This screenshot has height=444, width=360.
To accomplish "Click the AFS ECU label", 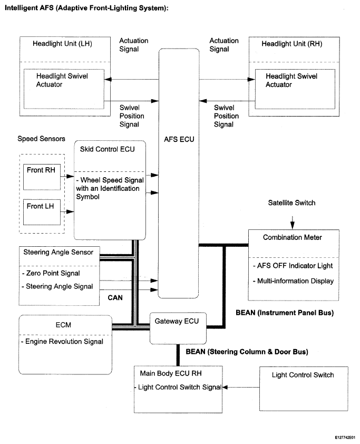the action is pyautogui.click(x=179, y=139).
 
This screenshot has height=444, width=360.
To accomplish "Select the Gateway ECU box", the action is pyautogui.click(x=178, y=328).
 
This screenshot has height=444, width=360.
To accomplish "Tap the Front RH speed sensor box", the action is pyautogui.click(x=42, y=177).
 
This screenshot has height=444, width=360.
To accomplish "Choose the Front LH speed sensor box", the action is pyautogui.click(x=42, y=213).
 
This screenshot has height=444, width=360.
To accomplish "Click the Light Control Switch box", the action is pyautogui.click(x=304, y=389).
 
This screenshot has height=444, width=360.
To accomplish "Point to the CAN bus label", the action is pyautogui.click(x=115, y=297).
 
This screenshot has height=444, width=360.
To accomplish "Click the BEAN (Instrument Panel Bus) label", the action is pyautogui.click(x=285, y=313).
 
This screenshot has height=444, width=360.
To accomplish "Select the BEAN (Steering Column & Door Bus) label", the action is pyautogui.click(x=247, y=352).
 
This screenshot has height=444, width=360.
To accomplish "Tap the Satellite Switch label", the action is pyautogui.click(x=291, y=202).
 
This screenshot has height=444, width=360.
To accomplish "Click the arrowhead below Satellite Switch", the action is pyautogui.click(x=293, y=225).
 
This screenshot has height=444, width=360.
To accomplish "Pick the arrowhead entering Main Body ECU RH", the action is pyautogui.click(x=225, y=388).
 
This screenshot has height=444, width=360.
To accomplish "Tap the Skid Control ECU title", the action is pyautogui.click(x=108, y=149).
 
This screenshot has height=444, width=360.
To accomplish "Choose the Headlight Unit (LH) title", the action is pyautogui.click(x=62, y=44).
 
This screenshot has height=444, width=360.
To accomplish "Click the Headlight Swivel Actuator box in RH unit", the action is pyautogui.click(x=295, y=89).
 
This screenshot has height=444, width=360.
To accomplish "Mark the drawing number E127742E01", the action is pyautogui.click(x=345, y=438).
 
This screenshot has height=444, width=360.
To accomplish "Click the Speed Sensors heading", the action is pyautogui.click(x=41, y=139).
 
